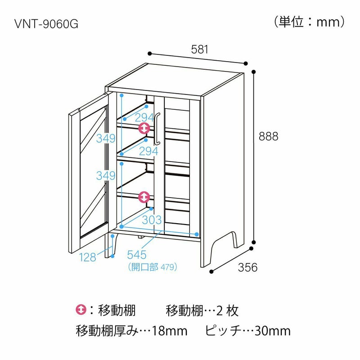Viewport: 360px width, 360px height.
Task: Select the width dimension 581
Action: [x=200, y=50]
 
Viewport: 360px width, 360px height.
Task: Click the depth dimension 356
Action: [x=247, y=267]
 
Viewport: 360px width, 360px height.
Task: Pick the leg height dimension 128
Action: [x=87, y=257]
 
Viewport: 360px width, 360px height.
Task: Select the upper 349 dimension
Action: [x=105, y=138]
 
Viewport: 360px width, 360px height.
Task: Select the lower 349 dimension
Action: [x=105, y=176]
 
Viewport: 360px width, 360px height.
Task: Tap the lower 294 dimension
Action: [x=148, y=152]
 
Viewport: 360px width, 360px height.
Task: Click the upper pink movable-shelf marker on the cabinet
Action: [x=144, y=129]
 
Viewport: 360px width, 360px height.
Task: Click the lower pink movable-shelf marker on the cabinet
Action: [x=144, y=197]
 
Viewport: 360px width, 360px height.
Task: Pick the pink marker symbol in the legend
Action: [x=81, y=310]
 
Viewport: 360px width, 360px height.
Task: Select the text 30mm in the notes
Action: [x=273, y=332]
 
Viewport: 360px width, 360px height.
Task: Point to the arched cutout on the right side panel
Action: [x=224, y=243]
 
